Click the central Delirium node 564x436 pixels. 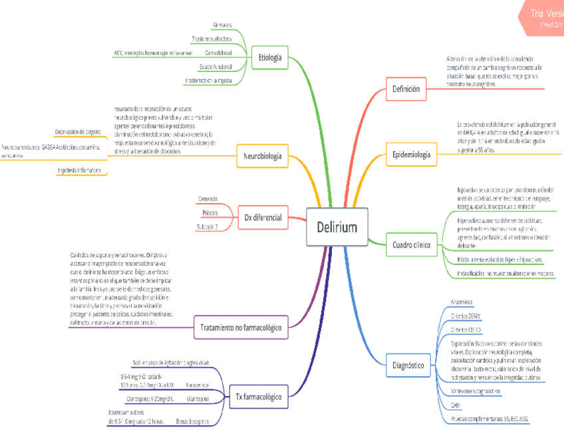(336, 228)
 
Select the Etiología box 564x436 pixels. (269, 57)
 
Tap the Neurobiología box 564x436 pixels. (262, 157)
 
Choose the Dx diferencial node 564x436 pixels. (263, 217)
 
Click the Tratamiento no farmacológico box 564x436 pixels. (240, 327)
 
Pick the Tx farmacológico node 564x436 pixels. (258, 397)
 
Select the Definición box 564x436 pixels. (406, 88)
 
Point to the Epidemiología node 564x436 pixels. (410, 155)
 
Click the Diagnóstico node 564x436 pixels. (407, 365)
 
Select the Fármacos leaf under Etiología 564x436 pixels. (221, 25)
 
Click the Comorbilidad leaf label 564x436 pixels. (218, 52)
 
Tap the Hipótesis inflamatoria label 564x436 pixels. (79, 171)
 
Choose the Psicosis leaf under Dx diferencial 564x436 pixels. (210, 212)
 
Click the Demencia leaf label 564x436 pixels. (208, 198)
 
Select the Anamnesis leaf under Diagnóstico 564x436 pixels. (461, 302)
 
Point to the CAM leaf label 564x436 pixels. (456, 405)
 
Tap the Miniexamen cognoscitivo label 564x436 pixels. (475, 391)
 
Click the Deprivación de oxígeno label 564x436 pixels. (78, 132)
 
